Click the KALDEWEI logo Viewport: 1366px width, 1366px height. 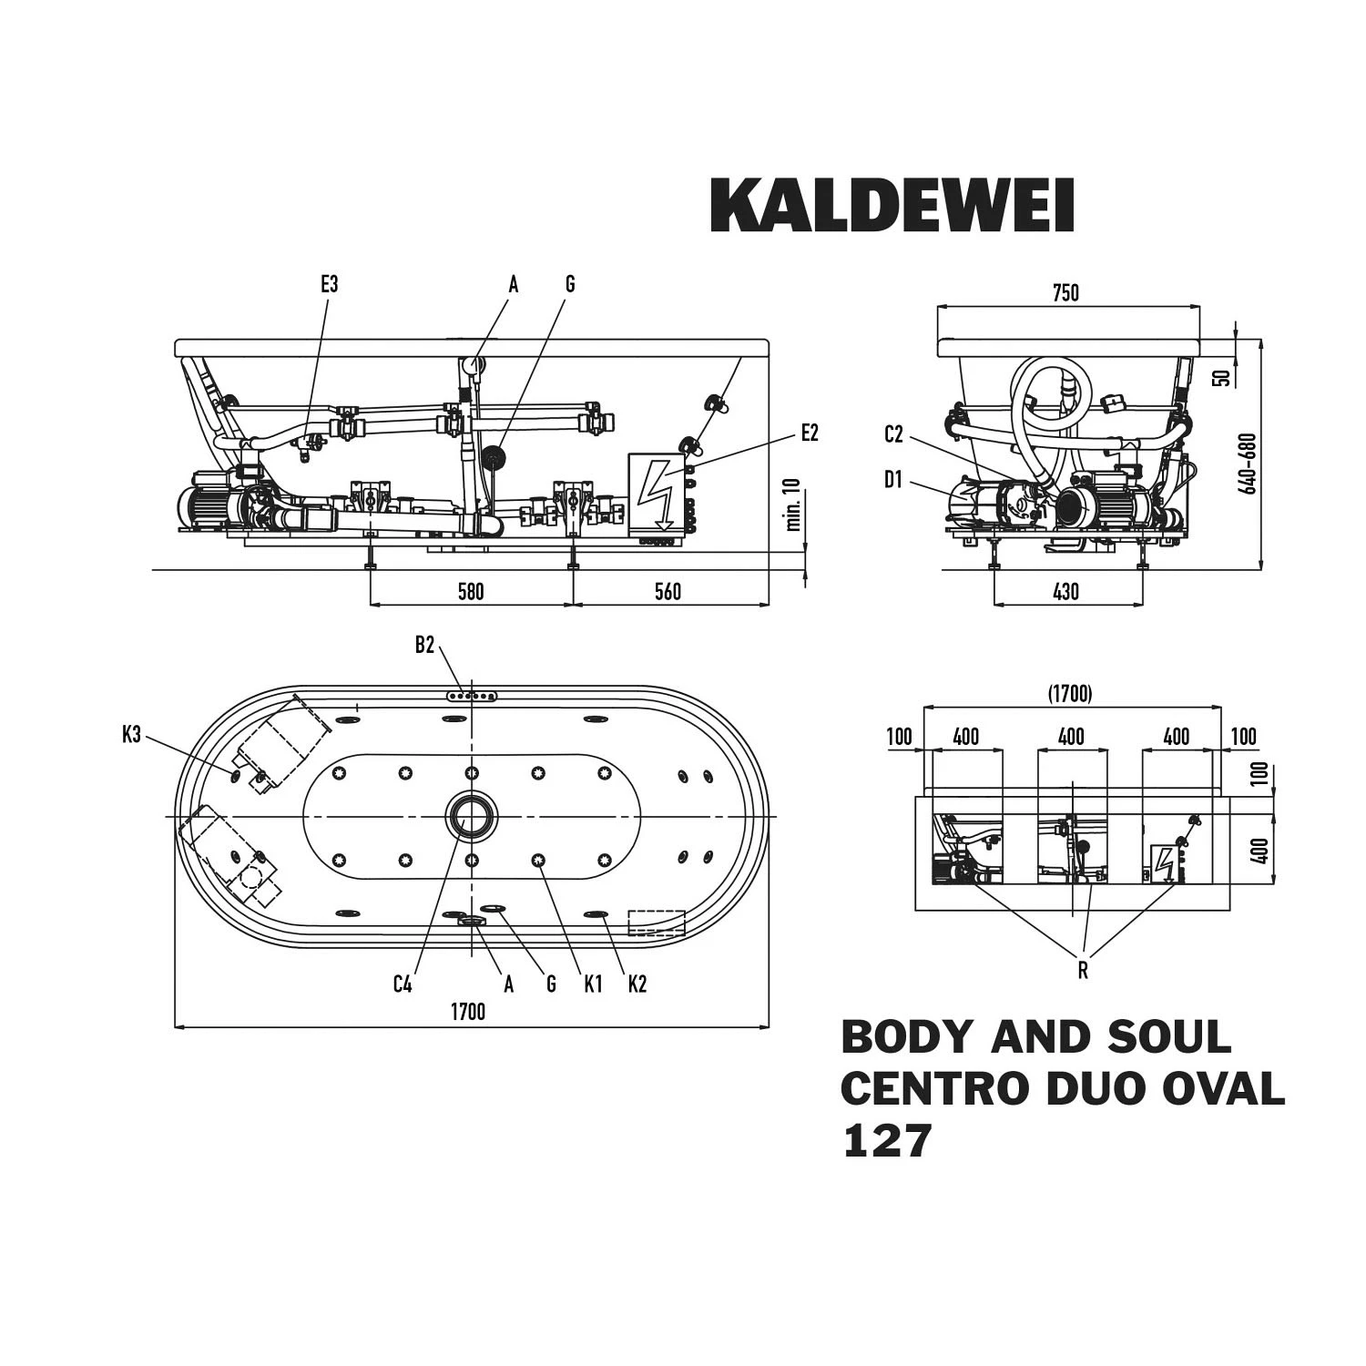pyautogui.click(x=892, y=206)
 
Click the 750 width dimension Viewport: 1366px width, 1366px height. pyautogui.click(x=1065, y=292)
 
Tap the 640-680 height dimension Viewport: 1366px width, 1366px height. pyautogui.click(x=1250, y=463)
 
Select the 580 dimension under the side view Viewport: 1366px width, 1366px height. pyautogui.click(x=470, y=592)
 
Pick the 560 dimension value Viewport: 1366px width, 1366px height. pyautogui.click(x=668, y=592)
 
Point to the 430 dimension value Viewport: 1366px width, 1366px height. pyautogui.click(x=1065, y=592)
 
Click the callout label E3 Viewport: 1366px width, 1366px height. pyautogui.click(x=329, y=284)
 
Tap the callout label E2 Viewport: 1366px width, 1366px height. pyautogui.click(x=810, y=433)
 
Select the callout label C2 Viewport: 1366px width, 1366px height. pyautogui.click(x=893, y=435)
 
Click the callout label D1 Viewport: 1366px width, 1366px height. pyautogui.click(x=892, y=479)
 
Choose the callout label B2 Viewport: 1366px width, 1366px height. pyautogui.click(x=424, y=646)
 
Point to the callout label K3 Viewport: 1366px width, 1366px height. pyautogui.click(x=131, y=734)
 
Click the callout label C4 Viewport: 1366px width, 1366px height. pyautogui.click(x=403, y=984)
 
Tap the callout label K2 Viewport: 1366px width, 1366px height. pyautogui.click(x=637, y=984)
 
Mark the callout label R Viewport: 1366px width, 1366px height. pyautogui.click(x=1083, y=971)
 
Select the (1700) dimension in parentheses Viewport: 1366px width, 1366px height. pyautogui.click(x=1069, y=694)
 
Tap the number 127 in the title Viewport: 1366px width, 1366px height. pyautogui.click(x=887, y=1140)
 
